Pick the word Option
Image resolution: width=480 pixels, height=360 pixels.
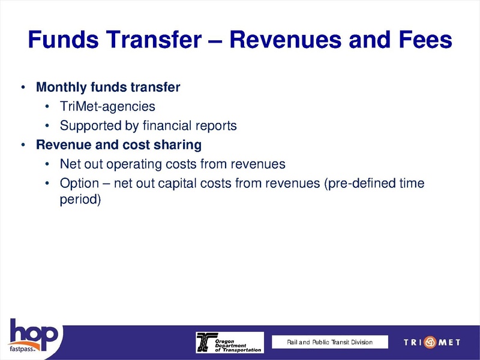coord(78,184)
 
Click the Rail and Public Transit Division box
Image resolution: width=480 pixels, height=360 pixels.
coord(329,342)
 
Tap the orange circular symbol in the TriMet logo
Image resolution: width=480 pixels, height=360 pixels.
coord(430,343)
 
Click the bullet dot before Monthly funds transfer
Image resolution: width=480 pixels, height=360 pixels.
coord(22,88)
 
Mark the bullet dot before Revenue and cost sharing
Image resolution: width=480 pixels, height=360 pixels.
coord(22,146)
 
